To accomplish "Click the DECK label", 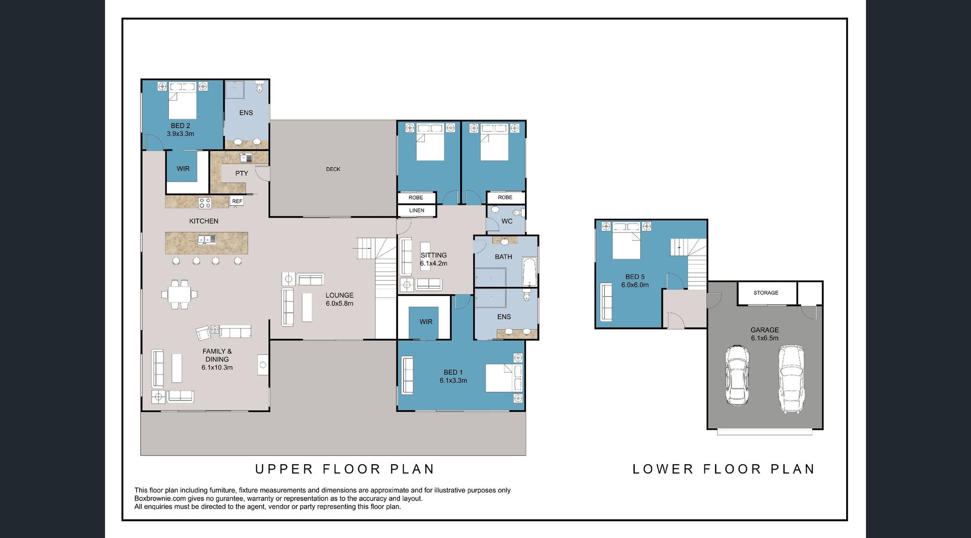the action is coord(333,169).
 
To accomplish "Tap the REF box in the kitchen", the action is coord(237,201).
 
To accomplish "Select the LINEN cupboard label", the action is coord(417,210).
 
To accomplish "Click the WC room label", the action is coord(507,221).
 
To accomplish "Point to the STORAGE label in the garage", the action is coord(766,293).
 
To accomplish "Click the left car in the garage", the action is coord(736,375).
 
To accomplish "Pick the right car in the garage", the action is coord(791,379).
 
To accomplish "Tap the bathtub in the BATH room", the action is coord(529,273).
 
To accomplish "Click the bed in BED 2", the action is coord(182,101).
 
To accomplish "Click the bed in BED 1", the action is coord(504,378).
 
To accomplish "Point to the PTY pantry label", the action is coord(242,173).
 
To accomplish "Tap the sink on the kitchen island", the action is coord(207,239).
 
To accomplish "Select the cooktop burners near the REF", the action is coord(205,203).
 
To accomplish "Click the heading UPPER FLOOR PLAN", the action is coord(345,469).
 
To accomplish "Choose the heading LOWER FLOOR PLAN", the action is coord(724,469).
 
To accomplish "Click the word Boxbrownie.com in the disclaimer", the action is coord(160,499).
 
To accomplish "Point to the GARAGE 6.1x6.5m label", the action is coord(765,334).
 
